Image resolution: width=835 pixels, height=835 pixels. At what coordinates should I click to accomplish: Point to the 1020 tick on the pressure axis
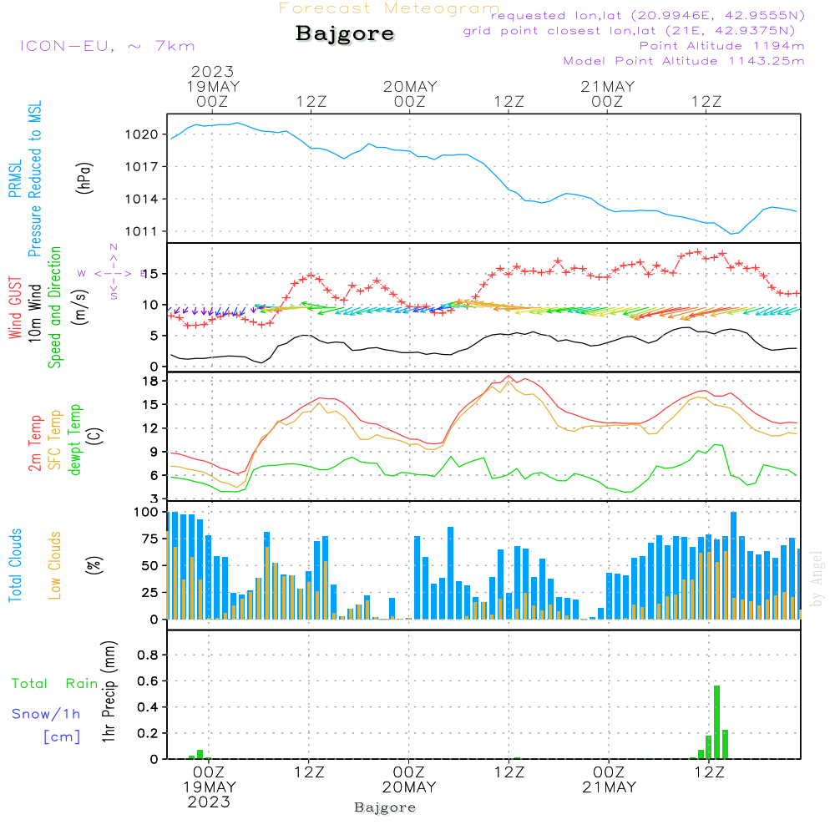141,134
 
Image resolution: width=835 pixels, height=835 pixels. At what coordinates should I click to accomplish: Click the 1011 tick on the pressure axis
141,231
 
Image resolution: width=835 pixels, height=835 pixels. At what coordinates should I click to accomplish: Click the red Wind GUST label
15,309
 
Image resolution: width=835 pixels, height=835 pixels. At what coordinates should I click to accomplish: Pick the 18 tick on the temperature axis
150,381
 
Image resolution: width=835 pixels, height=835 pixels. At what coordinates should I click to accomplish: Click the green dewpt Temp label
75,440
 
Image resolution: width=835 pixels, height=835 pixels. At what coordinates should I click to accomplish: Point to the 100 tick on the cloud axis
146,512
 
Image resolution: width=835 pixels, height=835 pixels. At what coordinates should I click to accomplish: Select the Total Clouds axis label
15,564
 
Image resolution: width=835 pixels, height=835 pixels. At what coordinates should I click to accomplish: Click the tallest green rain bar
717,721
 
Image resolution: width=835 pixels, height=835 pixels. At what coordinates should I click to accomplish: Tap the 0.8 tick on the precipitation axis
147,655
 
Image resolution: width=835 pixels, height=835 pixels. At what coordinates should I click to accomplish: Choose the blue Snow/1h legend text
46,714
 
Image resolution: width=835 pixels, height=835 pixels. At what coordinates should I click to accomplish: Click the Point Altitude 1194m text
721,46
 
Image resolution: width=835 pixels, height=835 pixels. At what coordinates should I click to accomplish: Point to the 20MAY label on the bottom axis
409,787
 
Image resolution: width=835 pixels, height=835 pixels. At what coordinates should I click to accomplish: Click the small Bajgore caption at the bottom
385,807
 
